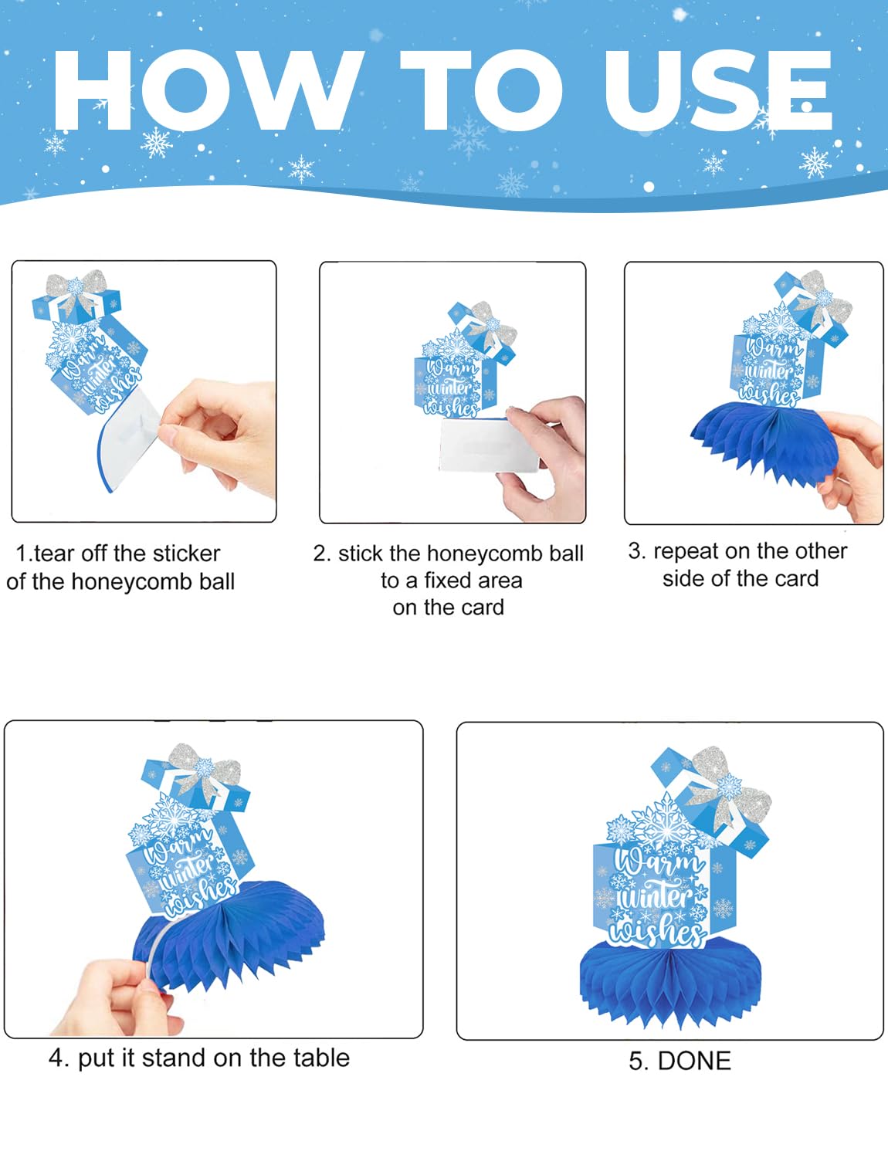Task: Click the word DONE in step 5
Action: click(x=694, y=1061)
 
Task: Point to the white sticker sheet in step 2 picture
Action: click(x=489, y=445)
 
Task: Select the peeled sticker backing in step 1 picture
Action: click(x=130, y=436)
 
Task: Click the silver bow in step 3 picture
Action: click(x=819, y=300)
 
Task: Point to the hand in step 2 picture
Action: click(x=541, y=459)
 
